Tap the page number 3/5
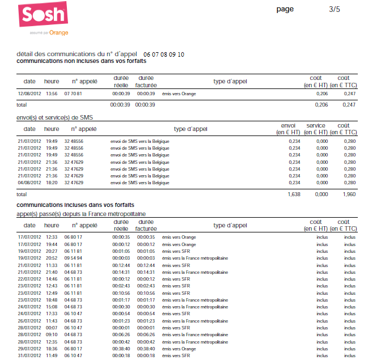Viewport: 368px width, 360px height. (x=335, y=9)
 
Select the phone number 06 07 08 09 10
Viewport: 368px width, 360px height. (x=164, y=54)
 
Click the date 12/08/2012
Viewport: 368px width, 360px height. (x=29, y=94)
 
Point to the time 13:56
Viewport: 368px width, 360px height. (x=52, y=94)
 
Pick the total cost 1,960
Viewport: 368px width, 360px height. (x=349, y=194)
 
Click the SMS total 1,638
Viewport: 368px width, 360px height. (x=293, y=194)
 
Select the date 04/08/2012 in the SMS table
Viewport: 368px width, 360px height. (x=29, y=183)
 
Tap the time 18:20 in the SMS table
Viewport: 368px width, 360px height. (x=52, y=183)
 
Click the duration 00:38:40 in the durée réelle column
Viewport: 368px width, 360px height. (x=121, y=348)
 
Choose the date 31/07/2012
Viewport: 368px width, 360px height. (x=29, y=355)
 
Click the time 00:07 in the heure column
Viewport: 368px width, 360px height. (x=52, y=327)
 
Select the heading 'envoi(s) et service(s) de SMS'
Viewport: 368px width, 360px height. (x=55, y=117)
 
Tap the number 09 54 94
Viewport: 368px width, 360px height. (x=73, y=258)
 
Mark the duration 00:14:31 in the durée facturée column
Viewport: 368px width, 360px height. (x=146, y=272)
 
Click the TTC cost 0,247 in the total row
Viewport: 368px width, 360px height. (x=349, y=105)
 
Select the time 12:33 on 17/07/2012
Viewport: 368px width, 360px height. (x=52, y=237)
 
